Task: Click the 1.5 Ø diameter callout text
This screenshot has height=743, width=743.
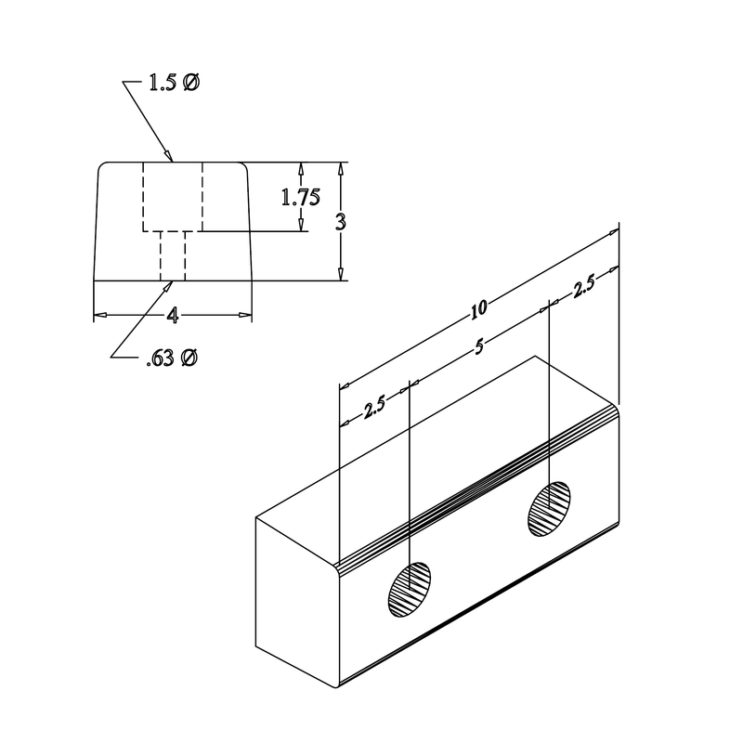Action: [x=173, y=84]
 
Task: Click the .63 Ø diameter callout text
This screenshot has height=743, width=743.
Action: [x=171, y=358]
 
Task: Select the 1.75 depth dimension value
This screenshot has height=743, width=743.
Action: [x=301, y=197]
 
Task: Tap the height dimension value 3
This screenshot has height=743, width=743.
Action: [x=342, y=223]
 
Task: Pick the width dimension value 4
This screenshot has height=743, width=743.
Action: [x=173, y=316]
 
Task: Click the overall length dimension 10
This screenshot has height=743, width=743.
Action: [x=480, y=307]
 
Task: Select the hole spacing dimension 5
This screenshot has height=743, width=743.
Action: [x=479, y=347]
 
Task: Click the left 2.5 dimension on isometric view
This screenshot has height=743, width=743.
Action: [x=375, y=407]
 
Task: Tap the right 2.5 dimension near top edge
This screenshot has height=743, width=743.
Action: [x=584, y=288]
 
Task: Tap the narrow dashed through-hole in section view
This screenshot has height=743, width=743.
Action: [x=173, y=255]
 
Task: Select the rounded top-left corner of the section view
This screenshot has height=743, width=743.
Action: [x=101, y=166]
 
